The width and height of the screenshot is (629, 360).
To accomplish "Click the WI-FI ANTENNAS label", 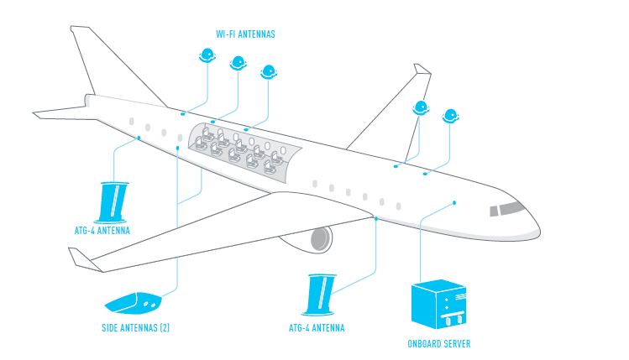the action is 245,34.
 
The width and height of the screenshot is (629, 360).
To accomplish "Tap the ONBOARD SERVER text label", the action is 439,343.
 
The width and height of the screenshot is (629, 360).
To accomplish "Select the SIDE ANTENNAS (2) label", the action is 135,327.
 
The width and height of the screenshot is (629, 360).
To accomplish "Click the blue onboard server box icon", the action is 438,304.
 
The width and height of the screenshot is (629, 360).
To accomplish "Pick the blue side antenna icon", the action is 133,303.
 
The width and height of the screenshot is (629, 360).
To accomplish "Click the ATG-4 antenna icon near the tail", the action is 113,202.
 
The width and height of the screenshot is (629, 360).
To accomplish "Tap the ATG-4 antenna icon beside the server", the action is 320,295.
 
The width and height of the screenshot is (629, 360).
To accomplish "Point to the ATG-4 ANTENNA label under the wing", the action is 317,328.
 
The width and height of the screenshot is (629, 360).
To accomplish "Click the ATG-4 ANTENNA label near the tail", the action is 102,231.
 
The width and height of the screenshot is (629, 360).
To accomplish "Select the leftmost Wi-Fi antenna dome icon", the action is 207,55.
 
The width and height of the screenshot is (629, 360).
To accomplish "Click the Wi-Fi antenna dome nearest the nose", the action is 450,116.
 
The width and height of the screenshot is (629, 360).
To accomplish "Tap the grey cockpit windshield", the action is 507,209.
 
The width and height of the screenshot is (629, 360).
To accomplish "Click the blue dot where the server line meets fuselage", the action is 454,203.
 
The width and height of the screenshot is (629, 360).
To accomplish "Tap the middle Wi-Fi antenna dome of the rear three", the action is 238,63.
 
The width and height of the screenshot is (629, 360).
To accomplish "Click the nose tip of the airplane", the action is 539,232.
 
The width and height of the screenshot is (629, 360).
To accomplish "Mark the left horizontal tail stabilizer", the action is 60,112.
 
